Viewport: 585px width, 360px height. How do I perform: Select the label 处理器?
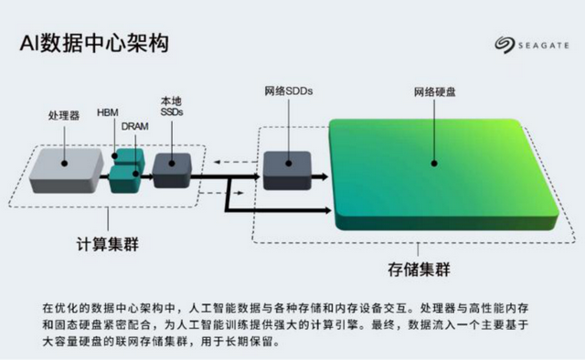pos(64,116)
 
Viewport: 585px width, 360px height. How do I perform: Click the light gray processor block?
pos(66,167)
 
